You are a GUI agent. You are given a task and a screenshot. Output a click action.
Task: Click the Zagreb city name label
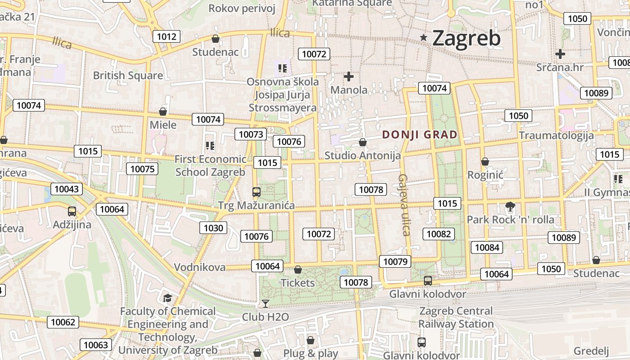[466, 38]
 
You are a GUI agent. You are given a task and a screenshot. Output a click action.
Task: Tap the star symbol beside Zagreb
[423, 37]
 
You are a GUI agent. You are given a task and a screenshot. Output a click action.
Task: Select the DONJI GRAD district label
[419, 135]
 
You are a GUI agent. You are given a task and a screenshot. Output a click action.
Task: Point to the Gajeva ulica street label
[404, 205]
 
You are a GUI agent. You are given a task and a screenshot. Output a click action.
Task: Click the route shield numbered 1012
[166, 36]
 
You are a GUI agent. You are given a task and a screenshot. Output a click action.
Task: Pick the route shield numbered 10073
[251, 134]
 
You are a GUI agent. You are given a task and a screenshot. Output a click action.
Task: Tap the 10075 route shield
[143, 169]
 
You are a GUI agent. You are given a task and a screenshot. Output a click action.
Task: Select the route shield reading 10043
[67, 189]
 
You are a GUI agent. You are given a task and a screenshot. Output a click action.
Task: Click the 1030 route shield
[213, 228]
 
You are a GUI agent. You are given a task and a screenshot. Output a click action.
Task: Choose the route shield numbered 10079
[395, 261]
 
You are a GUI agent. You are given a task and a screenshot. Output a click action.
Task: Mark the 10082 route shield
[439, 234]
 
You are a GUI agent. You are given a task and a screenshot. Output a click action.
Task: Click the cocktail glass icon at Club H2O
[265, 304]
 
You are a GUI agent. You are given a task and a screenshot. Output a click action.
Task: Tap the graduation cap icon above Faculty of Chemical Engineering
[167, 298]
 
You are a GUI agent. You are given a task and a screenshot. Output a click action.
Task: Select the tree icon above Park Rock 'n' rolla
[510, 207]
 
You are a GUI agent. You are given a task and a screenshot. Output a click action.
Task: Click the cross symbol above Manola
[348, 76]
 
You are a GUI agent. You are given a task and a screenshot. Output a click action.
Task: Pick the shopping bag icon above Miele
[163, 112]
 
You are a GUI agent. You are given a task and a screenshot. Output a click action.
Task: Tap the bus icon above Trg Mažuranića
[256, 192]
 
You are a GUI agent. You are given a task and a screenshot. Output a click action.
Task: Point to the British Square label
[128, 75]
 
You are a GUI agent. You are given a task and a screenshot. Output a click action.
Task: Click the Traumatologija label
[556, 135]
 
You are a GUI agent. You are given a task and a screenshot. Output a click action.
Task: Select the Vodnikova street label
[200, 267]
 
